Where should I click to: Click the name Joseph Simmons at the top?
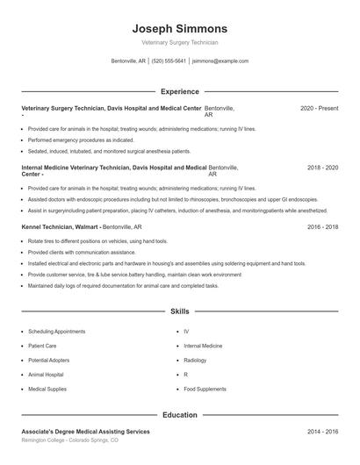[x=179, y=29]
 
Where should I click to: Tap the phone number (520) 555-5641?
[x=169, y=61]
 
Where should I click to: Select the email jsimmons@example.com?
[x=220, y=61]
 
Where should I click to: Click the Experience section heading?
[x=179, y=91]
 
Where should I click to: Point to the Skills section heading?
[x=179, y=311]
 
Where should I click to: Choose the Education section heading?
[x=179, y=415]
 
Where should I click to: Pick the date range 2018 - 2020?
[x=322, y=167]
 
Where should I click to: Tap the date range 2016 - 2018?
[x=322, y=226]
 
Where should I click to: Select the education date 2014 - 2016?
[x=322, y=432]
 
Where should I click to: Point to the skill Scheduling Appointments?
[x=57, y=332]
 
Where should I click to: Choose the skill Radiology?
[x=195, y=360]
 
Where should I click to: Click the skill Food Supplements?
[x=205, y=388]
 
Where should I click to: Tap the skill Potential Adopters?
[x=50, y=360]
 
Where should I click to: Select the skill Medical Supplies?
[x=48, y=388]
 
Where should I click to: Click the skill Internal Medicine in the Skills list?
[x=204, y=346]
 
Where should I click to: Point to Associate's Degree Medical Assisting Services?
[x=85, y=432]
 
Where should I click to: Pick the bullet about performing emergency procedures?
[x=81, y=139]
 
